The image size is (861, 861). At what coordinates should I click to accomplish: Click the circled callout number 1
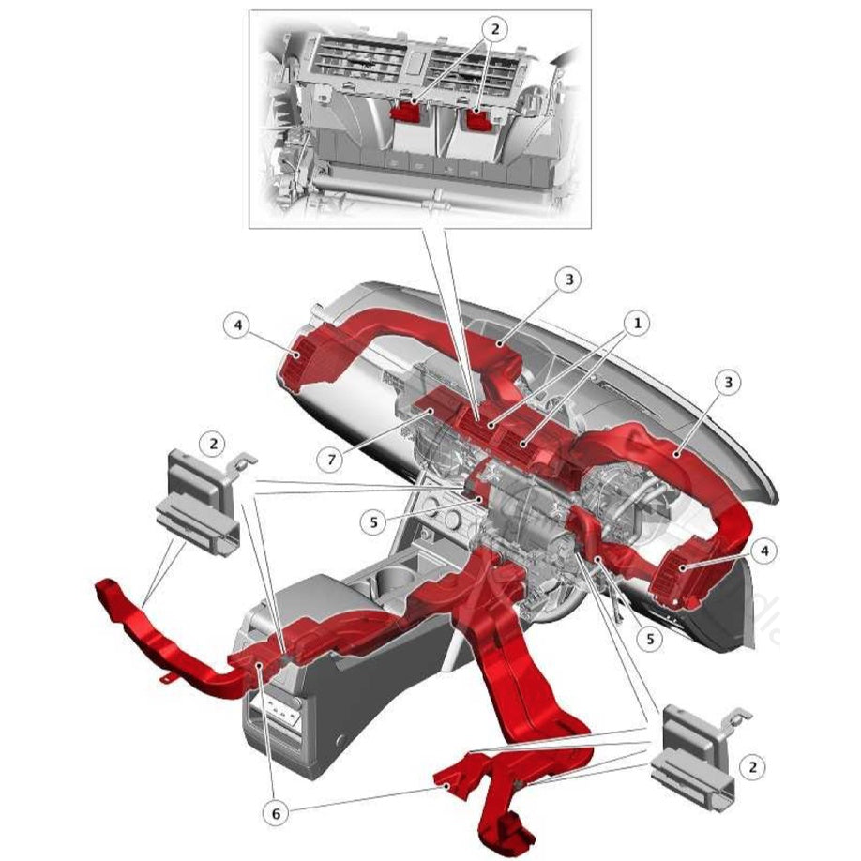coord(638,324)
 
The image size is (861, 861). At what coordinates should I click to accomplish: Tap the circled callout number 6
coord(276,814)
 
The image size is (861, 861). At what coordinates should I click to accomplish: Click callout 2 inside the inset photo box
coord(496,29)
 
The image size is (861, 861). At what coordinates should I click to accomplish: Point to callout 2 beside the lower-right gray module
coord(750,767)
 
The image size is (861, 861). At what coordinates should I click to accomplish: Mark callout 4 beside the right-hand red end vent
coord(764,551)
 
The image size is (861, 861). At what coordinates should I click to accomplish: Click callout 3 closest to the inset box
coord(568,279)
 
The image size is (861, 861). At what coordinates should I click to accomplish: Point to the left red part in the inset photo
coord(406,110)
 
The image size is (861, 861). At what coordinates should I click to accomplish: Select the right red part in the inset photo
coord(480,119)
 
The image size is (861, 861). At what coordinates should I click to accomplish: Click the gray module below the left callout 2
coord(200,503)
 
